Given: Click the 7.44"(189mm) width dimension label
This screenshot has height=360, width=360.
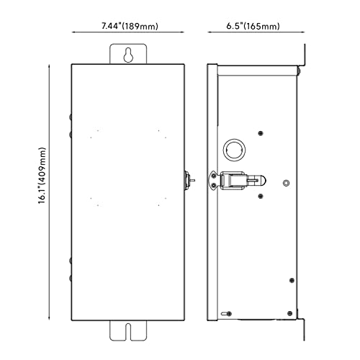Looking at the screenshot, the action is (130, 26).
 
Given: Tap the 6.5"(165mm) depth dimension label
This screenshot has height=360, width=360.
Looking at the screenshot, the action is (253, 26).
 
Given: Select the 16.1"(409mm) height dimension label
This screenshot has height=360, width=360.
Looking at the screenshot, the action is (42, 176).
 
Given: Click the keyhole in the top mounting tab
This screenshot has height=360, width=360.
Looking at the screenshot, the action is (128, 55).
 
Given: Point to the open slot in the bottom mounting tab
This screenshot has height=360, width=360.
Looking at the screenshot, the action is (128, 331).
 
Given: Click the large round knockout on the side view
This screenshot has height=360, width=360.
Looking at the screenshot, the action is (234, 150).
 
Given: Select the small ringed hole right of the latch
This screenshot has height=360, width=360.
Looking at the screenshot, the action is (286, 183).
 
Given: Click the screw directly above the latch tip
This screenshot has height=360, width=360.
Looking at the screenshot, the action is (261, 133).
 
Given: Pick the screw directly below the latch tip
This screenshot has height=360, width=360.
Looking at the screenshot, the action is (261, 197).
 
